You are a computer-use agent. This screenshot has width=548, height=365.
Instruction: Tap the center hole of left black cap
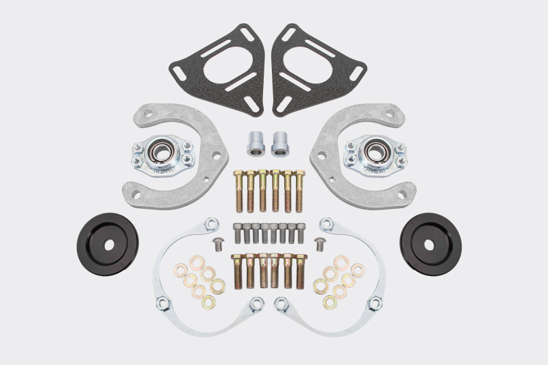108,243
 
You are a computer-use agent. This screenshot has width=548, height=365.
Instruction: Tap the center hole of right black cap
429,244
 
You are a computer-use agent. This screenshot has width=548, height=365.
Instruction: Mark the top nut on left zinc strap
213,223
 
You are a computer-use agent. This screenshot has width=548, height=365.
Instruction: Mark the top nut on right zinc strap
327,223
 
